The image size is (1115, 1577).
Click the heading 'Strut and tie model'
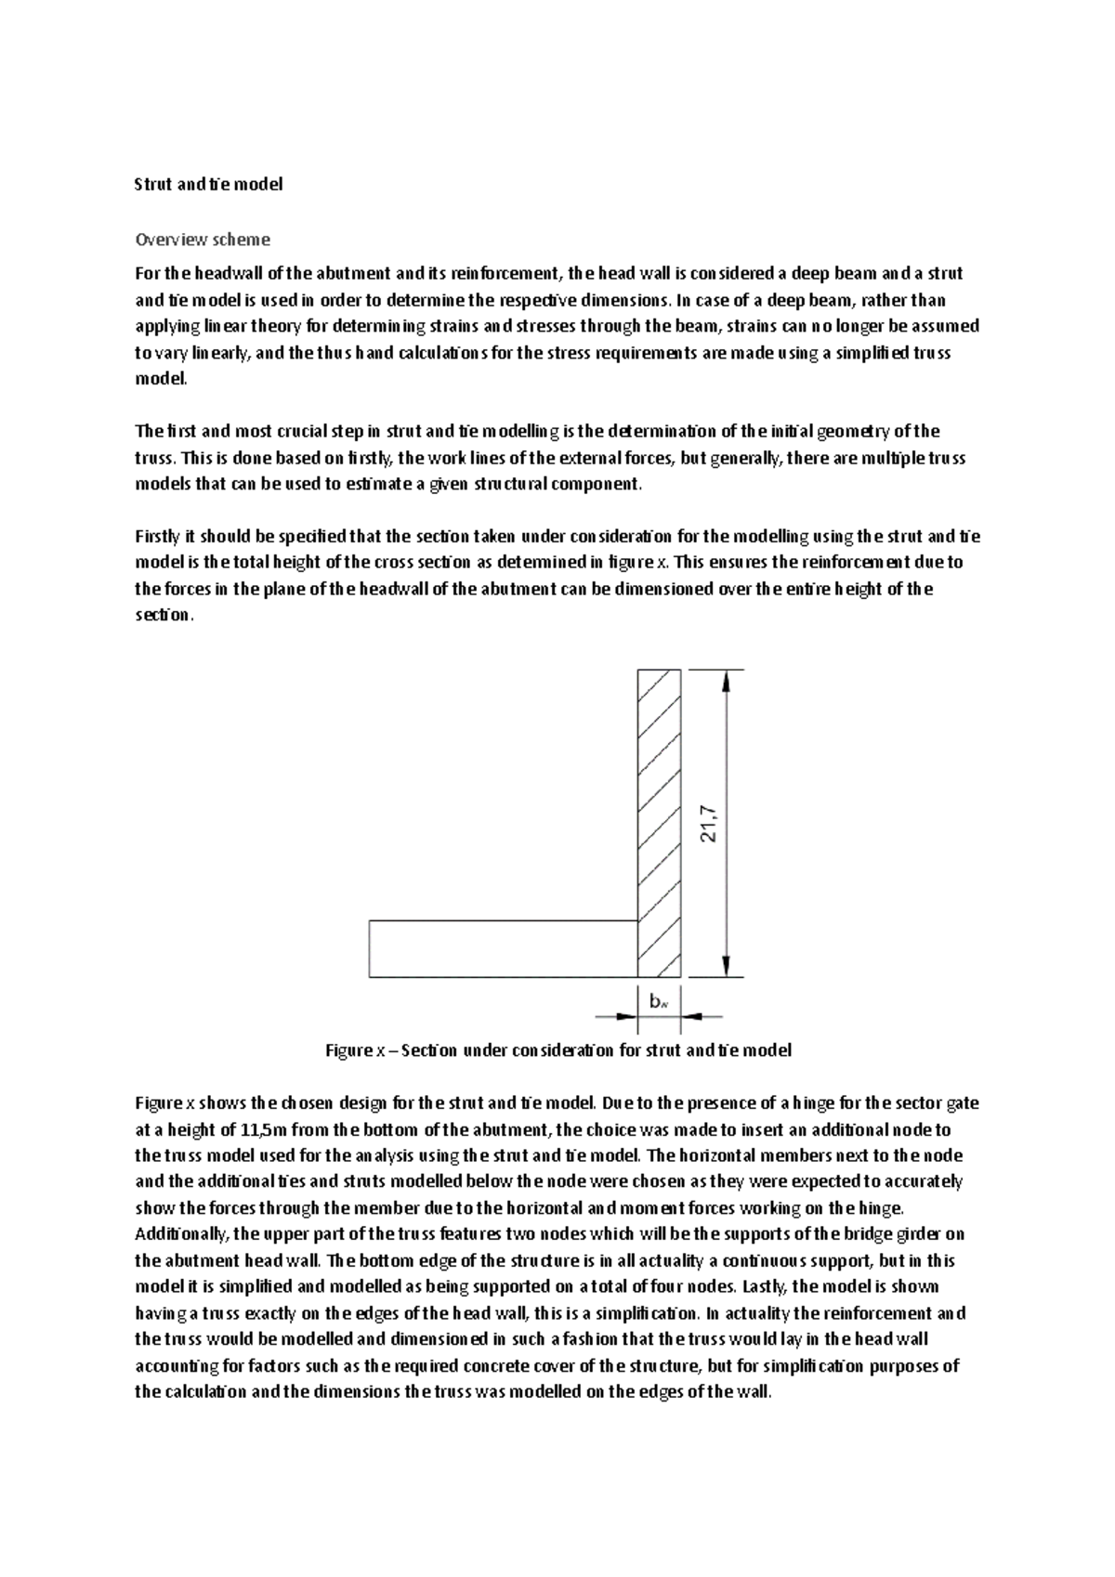[x=208, y=184]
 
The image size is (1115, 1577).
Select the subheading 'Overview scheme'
[x=203, y=240]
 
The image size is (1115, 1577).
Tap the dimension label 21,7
[x=710, y=823]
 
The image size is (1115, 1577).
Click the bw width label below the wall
[x=659, y=1001]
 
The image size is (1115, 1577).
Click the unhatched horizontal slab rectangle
[x=502, y=948]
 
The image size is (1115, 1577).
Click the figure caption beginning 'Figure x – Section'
[x=557, y=1050]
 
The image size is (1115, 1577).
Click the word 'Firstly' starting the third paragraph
[x=159, y=536]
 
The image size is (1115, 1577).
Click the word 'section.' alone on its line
[x=164, y=615]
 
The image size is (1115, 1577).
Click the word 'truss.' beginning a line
[x=154, y=458]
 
